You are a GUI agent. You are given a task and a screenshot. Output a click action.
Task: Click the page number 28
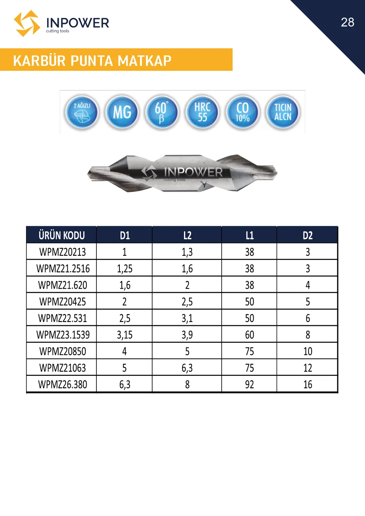pos(347,22)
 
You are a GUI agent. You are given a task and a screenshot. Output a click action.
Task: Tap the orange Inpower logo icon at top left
pos(27,23)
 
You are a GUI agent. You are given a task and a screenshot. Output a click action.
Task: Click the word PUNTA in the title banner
pos(91,61)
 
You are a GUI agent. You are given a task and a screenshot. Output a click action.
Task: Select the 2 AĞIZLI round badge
pos(82,112)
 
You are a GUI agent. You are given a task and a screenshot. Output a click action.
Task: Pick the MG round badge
pos(122,112)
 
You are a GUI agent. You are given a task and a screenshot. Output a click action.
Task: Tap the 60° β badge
pos(162,112)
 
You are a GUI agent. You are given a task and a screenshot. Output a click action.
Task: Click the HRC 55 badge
pos(202,112)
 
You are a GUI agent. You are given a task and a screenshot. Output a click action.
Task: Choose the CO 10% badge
pos(242,112)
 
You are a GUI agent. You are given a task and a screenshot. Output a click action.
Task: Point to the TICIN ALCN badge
pos(283,112)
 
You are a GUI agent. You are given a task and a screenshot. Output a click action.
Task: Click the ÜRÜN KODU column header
pos(61,235)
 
